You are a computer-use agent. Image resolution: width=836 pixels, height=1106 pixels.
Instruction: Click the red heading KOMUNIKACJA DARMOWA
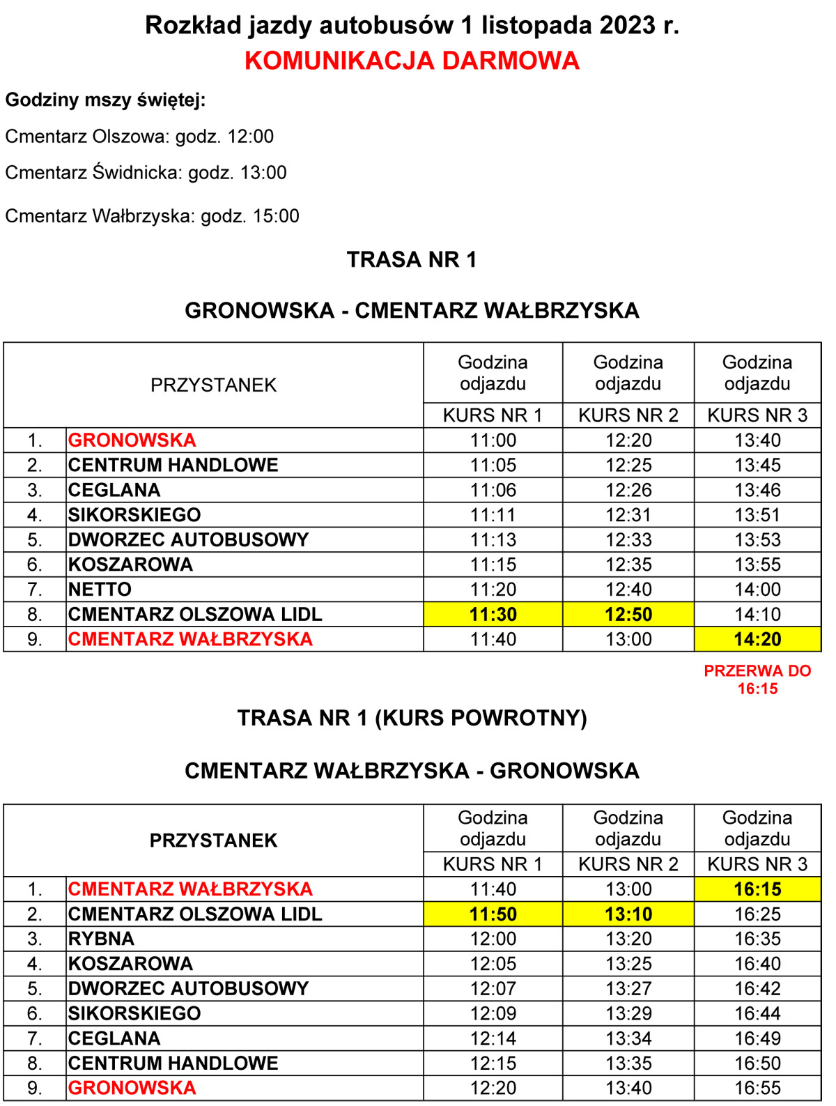[x=412, y=61]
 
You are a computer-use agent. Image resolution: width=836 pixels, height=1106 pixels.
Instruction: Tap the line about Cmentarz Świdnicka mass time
[x=146, y=173]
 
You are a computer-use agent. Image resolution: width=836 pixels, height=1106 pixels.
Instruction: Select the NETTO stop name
[x=100, y=590]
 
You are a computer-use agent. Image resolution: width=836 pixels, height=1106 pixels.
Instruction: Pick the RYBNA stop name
[x=101, y=939]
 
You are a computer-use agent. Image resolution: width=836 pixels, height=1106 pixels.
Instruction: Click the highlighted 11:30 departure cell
[x=493, y=615]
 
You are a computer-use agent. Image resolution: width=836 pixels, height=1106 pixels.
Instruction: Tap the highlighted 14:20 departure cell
[x=757, y=639]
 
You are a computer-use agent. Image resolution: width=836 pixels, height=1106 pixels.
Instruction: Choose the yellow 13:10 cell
[x=628, y=914]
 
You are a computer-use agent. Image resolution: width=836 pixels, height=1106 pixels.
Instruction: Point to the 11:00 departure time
[x=493, y=440]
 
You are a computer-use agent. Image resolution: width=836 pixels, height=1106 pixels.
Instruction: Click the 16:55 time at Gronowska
[x=757, y=1088]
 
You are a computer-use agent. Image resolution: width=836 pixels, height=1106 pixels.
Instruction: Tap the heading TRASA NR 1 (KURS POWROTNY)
[x=412, y=718]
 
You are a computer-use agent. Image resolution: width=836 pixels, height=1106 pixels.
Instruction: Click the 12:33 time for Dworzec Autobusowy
[x=628, y=540]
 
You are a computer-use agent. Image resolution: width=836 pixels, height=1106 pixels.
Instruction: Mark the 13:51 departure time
[x=757, y=515]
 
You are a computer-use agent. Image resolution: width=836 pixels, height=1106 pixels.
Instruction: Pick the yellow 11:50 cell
[x=493, y=914]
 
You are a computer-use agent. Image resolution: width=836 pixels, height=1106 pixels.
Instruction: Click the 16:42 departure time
[x=757, y=989]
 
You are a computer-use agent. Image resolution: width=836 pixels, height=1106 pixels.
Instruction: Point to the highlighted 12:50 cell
[x=628, y=615]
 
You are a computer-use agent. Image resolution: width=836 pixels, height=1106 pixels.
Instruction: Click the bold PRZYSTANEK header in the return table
[x=213, y=840]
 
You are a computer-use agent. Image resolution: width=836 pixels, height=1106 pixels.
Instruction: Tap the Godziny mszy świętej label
[x=105, y=100]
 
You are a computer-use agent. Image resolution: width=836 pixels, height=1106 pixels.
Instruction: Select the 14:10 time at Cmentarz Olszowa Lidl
[x=757, y=615]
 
